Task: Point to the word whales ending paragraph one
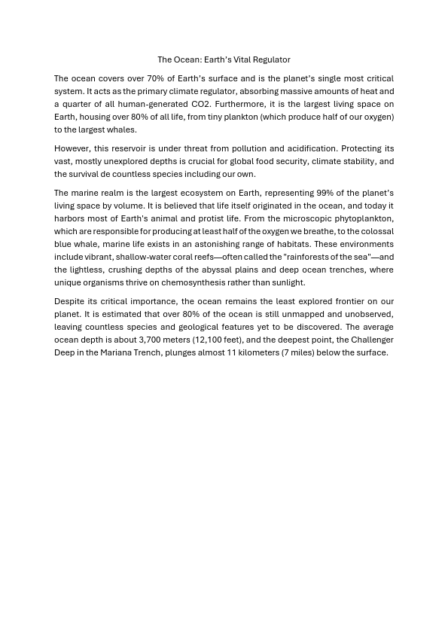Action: point(122,130)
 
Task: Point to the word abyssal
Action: point(264,270)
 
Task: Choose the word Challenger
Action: point(372,340)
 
